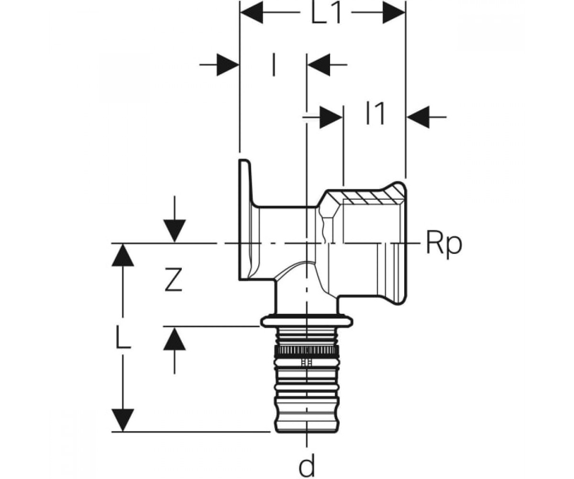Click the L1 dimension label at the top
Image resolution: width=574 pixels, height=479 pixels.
(326, 12)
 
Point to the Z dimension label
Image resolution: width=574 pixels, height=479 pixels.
(174, 279)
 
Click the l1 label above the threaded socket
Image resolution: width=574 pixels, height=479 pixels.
(375, 114)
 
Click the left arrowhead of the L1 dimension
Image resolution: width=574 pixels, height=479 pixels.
(252, 12)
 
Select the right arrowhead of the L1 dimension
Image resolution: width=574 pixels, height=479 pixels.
(393, 12)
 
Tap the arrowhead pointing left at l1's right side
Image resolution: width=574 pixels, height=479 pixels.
(418, 117)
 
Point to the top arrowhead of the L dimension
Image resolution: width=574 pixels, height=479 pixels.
(123, 255)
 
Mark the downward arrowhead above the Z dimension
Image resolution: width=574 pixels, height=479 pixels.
(175, 231)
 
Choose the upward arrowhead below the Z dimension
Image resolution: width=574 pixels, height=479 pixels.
(175, 339)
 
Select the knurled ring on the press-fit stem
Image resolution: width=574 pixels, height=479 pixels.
(307, 351)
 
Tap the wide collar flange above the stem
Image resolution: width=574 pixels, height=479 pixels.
(307, 321)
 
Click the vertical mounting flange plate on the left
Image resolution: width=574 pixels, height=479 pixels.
(245, 220)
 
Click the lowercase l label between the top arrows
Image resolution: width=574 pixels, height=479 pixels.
(274, 65)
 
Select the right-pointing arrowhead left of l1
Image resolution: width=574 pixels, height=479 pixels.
(331, 117)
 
